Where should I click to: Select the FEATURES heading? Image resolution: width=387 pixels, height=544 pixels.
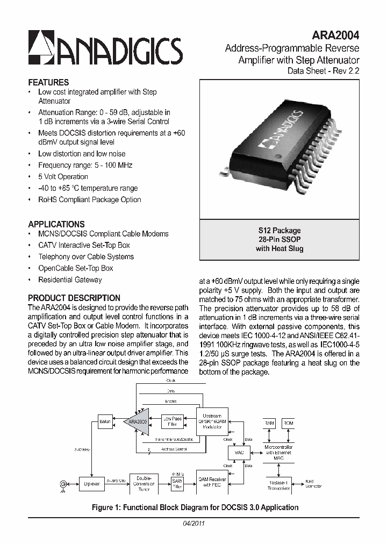[x=48, y=82]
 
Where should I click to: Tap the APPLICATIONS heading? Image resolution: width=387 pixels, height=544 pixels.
[x=56, y=224]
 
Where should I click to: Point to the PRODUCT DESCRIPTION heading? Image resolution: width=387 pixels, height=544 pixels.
[x=74, y=298]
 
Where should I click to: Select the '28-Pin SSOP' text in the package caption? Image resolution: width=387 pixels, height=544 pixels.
[x=279, y=239]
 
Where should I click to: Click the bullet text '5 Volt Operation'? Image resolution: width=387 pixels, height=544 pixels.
[x=63, y=177]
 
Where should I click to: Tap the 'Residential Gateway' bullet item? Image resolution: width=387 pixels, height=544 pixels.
[x=70, y=280]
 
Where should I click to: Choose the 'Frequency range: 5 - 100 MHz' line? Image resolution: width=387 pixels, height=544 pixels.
[x=85, y=165]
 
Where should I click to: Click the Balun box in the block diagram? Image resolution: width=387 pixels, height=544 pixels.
[x=105, y=421]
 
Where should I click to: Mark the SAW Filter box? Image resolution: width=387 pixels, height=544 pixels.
[x=177, y=484]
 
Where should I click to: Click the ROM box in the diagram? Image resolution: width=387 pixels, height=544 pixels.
[x=289, y=423]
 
